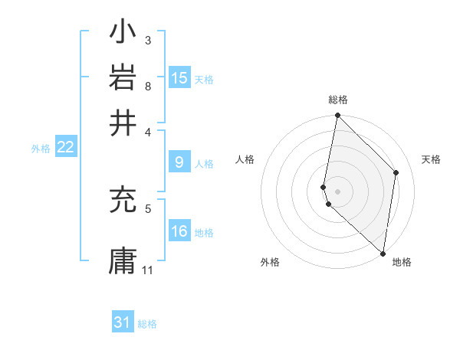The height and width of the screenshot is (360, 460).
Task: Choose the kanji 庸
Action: [123, 260]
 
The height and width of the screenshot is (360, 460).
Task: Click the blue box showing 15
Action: [179, 78]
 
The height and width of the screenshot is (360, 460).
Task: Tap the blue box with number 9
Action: [179, 162]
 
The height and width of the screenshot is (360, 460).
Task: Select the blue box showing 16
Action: [179, 232]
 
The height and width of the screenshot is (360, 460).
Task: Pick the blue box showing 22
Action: [66, 148]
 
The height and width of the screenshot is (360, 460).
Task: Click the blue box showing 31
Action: [123, 322]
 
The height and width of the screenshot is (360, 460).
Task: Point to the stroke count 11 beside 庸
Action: [148, 270]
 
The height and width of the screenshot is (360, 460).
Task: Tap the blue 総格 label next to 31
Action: [147, 324]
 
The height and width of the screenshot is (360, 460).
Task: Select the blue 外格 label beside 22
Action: [41, 149]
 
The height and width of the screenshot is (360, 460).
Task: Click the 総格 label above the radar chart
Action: [338, 100]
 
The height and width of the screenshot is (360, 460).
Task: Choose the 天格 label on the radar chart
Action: [432, 159]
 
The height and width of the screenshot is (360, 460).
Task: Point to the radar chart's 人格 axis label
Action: [245, 159]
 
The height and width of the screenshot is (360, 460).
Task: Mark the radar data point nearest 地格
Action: [383, 254]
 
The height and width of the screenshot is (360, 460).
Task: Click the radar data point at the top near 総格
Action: [337, 116]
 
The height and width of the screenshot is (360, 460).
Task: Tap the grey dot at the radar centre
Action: [337, 190]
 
